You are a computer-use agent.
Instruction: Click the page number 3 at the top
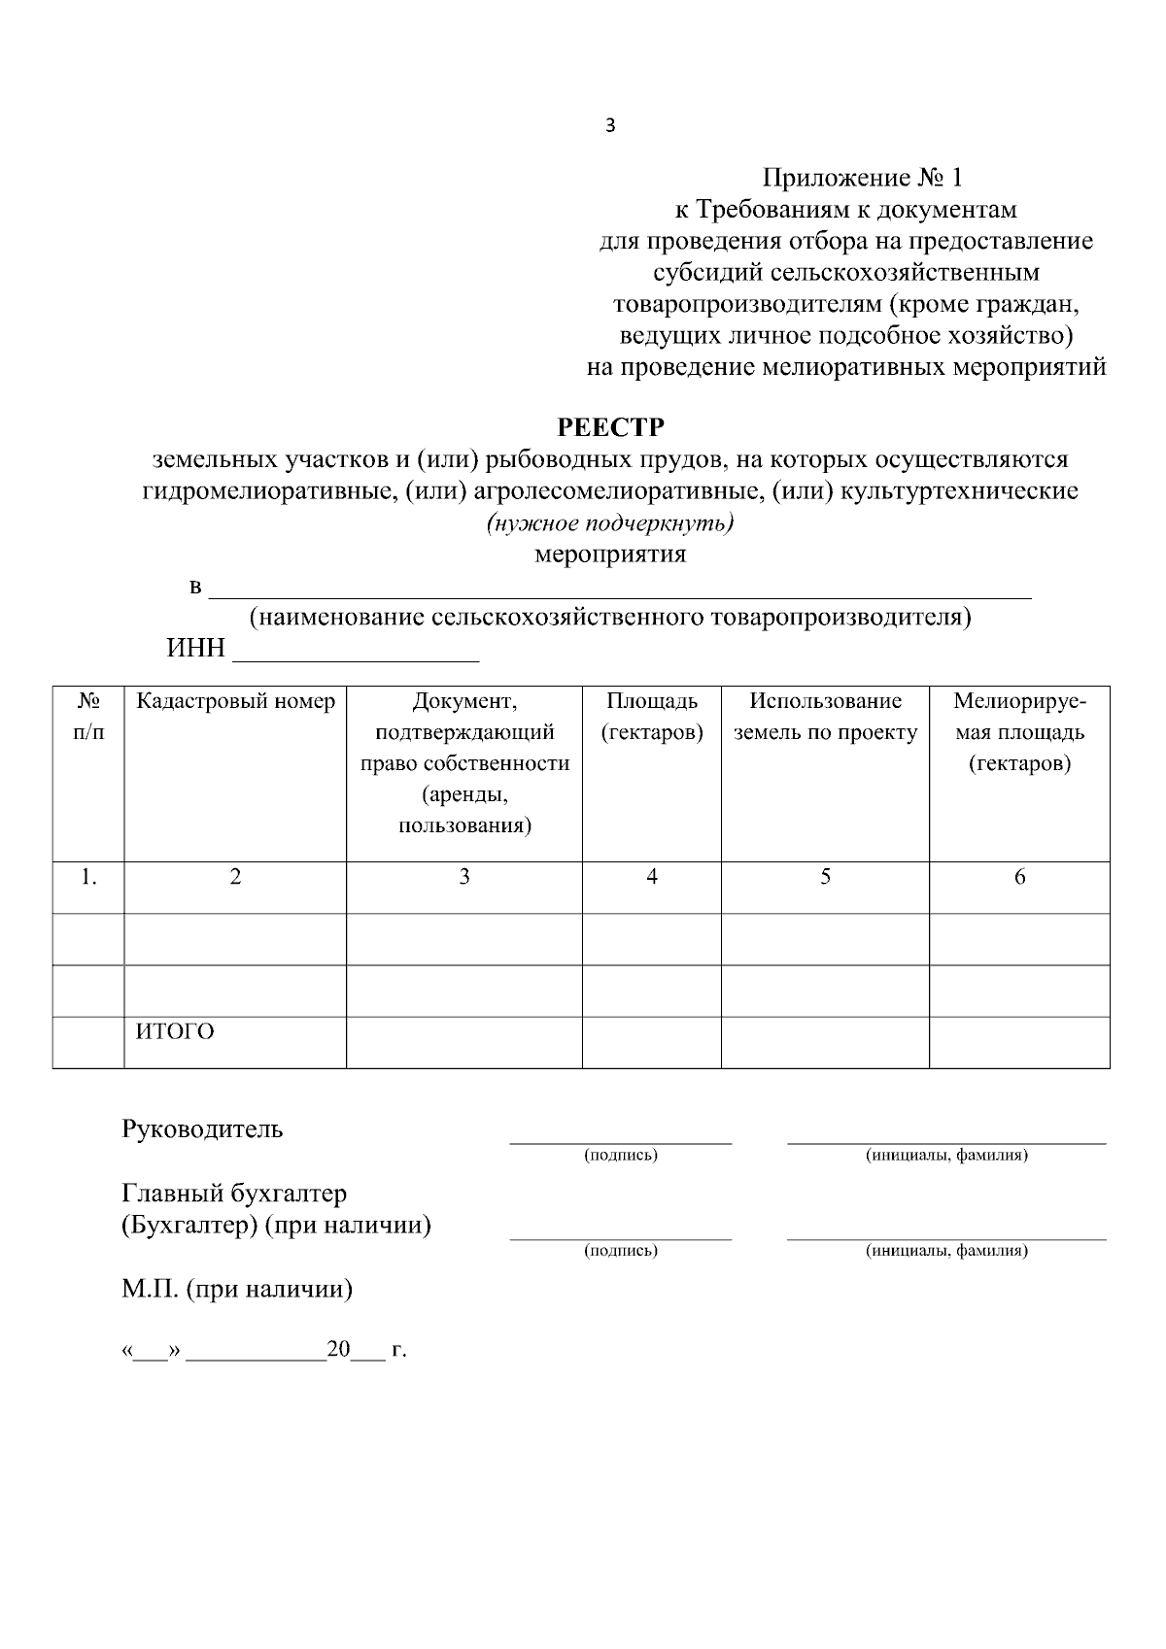click(610, 126)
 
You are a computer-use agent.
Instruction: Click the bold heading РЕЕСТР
click(610, 427)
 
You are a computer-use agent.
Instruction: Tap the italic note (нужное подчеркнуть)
click(609, 523)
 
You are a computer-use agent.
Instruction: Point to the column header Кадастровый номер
click(235, 701)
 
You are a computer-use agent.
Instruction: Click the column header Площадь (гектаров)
click(651, 717)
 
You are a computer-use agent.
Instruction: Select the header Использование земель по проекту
click(825, 717)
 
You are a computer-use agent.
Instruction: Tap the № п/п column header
click(88, 717)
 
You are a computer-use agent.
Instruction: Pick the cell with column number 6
click(1019, 877)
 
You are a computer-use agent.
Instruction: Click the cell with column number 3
click(464, 877)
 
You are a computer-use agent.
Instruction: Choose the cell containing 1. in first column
click(88, 877)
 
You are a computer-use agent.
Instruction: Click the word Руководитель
click(202, 1128)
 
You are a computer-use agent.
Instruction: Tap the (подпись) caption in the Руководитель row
click(620, 1155)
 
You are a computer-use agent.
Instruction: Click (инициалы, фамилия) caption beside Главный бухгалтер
click(946, 1250)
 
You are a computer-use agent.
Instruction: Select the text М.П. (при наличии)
click(237, 1289)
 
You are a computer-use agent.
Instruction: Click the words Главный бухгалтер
click(234, 1193)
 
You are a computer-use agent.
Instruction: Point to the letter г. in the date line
click(398, 1350)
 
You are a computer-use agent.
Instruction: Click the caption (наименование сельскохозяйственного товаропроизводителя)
click(610, 618)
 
